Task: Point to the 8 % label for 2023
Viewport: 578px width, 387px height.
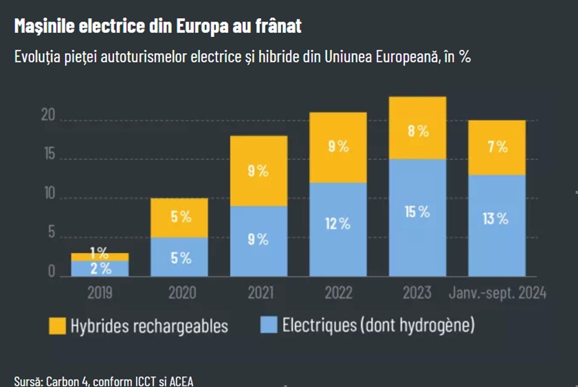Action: coord(418,131)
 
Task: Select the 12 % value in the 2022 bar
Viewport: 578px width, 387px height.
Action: coord(337,223)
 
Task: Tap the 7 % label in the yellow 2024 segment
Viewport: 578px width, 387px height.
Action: coord(497,147)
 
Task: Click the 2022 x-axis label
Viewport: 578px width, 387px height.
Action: coord(339,292)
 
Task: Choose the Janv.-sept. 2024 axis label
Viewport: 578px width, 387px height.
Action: coord(497,292)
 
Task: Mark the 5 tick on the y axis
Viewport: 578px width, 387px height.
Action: coord(51,233)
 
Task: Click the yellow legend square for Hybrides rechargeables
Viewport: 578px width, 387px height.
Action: coord(57,326)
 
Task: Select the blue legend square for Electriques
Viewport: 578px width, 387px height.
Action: coord(269,325)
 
